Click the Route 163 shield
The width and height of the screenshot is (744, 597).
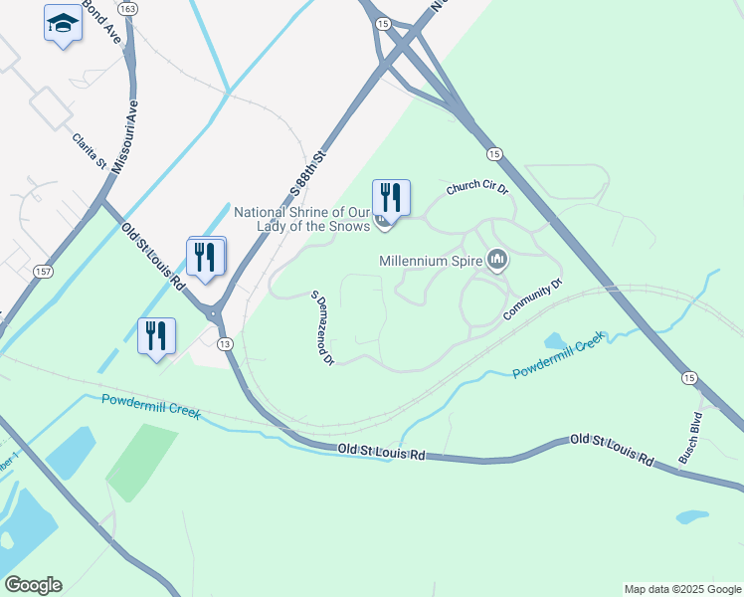click(127, 8)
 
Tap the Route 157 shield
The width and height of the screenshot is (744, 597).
click(44, 272)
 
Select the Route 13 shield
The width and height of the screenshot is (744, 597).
click(226, 344)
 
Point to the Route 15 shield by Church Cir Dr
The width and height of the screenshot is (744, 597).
click(493, 153)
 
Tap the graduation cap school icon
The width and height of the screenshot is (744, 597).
click(63, 23)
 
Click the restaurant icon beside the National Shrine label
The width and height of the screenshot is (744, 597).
click(391, 197)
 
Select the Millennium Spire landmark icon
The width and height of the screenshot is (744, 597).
click(497, 262)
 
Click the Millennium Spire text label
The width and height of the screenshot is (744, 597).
click(431, 262)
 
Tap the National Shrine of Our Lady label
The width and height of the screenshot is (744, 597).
click(302, 219)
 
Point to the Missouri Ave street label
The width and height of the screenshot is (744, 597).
click(124, 137)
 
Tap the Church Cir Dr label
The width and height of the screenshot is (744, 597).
click(477, 187)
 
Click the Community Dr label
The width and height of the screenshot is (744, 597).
click(532, 299)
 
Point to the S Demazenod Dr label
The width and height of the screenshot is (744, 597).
click(320, 328)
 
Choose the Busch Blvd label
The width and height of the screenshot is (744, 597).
click(691, 437)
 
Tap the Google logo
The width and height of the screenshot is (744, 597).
click(33, 585)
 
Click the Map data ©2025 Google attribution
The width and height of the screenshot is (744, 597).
click(681, 589)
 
